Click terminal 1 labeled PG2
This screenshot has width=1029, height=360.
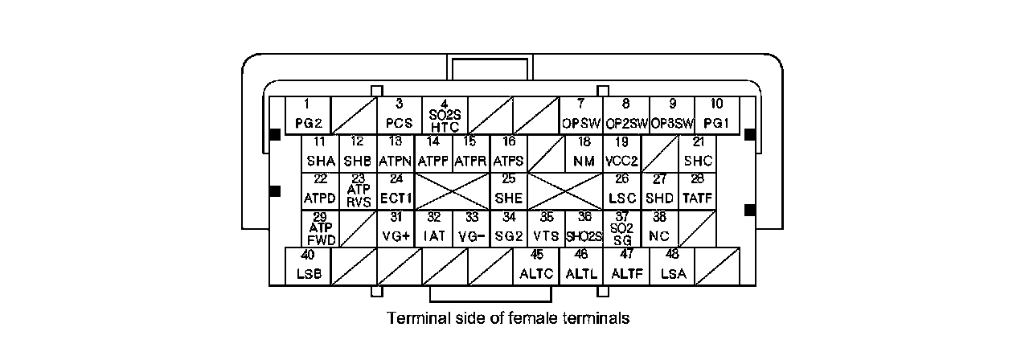(308, 115)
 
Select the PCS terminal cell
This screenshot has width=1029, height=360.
(399, 115)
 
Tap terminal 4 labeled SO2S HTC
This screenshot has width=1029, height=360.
(445, 115)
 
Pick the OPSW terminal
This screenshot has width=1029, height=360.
(580, 115)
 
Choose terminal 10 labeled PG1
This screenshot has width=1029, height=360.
(716, 115)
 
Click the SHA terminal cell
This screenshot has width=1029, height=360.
(321, 153)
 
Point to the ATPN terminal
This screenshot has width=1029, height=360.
(395, 153)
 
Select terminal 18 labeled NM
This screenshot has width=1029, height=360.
(584, 153)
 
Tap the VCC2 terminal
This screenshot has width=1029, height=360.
(621, 153)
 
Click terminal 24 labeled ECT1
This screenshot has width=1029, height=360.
(396, 191)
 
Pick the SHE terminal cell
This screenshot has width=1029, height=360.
(509, 191)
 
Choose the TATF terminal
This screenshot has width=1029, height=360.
(697, 191)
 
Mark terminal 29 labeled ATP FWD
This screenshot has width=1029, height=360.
(321, 229)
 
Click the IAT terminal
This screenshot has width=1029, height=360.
(433, 229)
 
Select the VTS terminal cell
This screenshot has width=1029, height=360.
(547, 229)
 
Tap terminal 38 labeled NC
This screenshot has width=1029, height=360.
(659, 229)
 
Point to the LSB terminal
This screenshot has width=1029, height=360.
(309, 267)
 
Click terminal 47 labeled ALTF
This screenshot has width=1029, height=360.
(626, 267)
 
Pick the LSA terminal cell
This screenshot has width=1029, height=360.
(672, 267)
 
